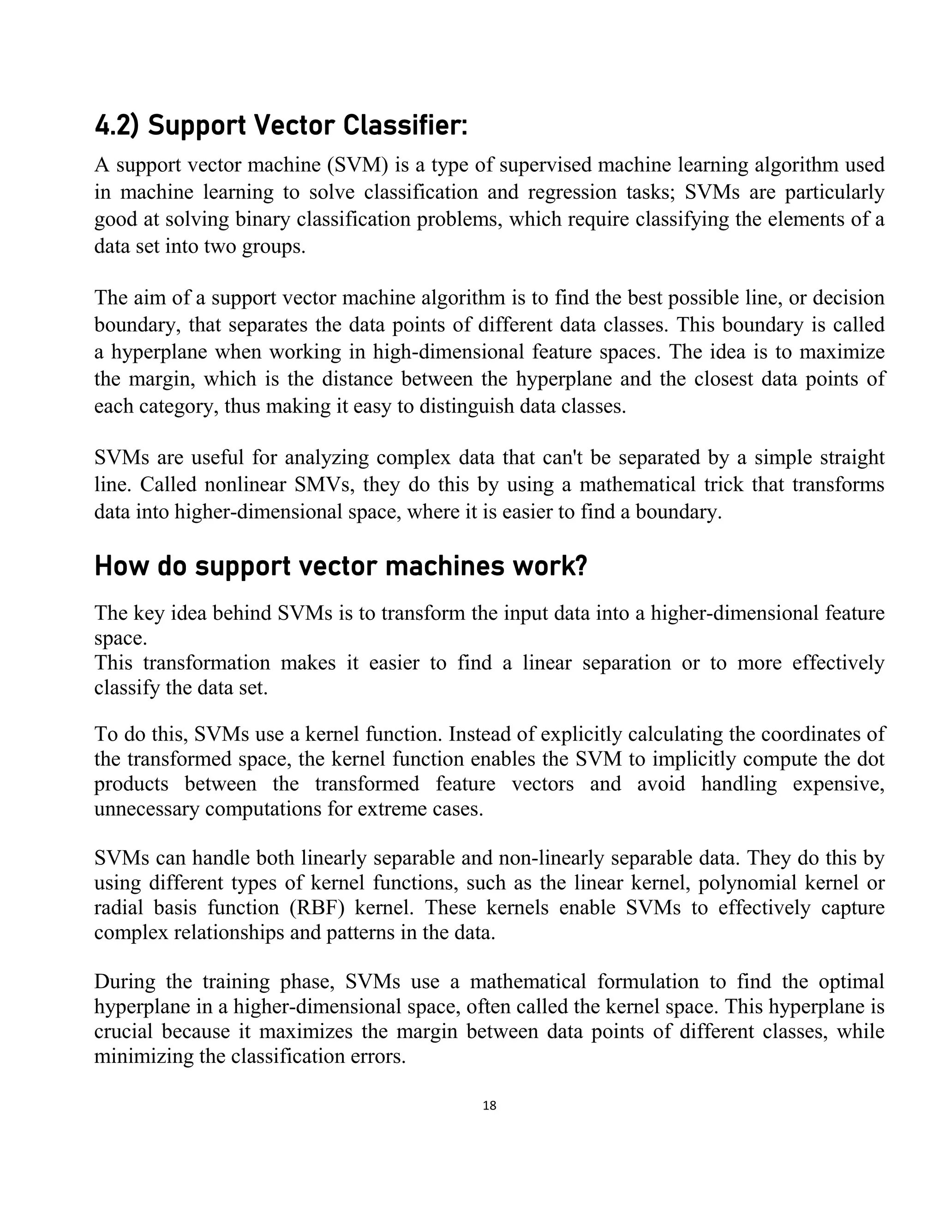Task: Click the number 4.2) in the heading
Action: pos(116,126)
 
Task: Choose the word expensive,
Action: pos(838,784)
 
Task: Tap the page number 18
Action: pos(489,1106)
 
